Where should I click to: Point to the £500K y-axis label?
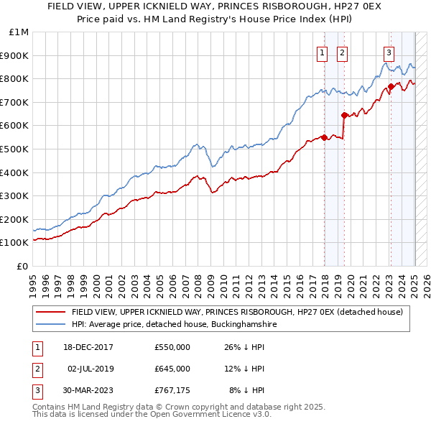tap(17, 149)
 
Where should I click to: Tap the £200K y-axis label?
tap(17, 219)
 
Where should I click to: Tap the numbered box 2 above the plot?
tap(341, 52)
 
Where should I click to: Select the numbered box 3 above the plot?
tap(389, 52)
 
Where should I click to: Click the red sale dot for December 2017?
tap(325, 137)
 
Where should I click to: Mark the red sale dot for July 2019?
tap(344, 114)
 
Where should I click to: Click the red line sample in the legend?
tap(51, 312)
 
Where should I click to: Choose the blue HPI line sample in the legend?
tap(51, 324)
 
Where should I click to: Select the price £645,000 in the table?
tap(172, 369)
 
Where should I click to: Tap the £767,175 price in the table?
tap(172, 390)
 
